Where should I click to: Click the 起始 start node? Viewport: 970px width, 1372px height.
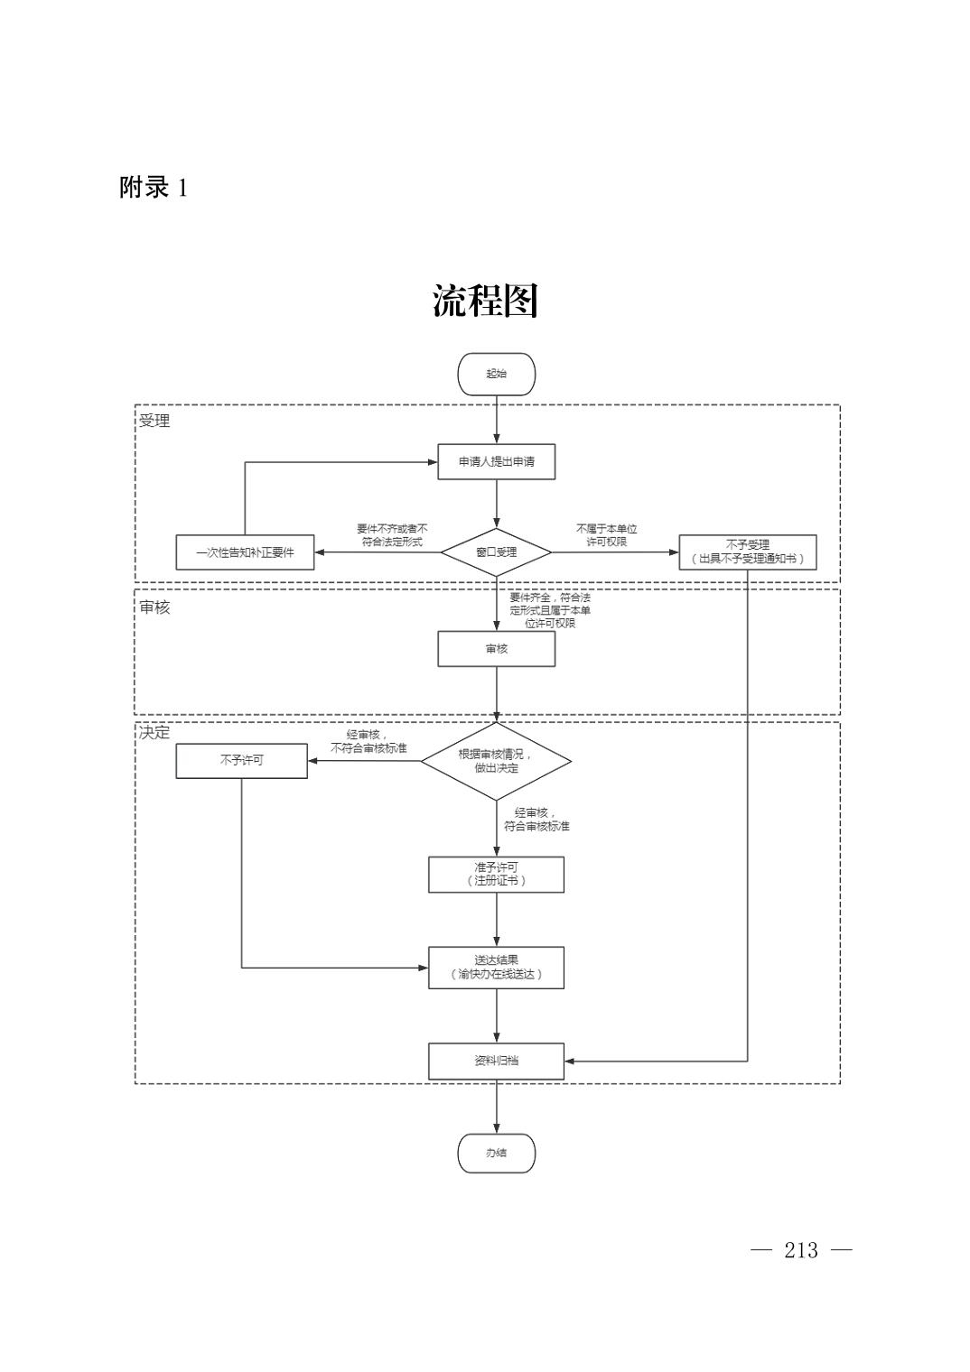tap(496, 374)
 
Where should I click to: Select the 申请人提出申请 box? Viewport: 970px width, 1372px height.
tap(496, 462)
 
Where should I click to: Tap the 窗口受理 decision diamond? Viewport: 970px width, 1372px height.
tap(496, 552)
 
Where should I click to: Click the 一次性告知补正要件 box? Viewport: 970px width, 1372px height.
tap(245, 552)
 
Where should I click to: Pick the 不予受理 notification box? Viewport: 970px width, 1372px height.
tap(747, 552)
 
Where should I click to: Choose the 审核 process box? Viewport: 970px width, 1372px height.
tap(496, 649)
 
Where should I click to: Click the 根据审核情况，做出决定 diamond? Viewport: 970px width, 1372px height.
tap(496, 761)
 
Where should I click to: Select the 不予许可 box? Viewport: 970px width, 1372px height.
tap(241, 760)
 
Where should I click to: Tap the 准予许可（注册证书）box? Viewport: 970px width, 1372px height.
tap(496, 874)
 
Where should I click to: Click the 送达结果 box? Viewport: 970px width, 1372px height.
tap(496, 968)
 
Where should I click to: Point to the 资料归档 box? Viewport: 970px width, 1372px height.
tap(496, 1061)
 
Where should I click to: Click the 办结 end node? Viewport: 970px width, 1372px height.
tap(496, 1153)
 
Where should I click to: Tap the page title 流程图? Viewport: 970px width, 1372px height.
tap(485, 301)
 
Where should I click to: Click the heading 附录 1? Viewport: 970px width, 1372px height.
tap(154, 188)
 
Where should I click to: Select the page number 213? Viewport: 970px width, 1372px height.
tap(801, 1250)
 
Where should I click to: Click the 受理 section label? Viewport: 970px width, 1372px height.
tap(154, 421)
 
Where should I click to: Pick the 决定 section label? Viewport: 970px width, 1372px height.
tap(154, 732)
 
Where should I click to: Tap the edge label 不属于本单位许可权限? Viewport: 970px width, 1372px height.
tap(607, 535)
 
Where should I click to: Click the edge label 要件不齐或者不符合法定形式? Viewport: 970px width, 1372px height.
tap(392, 535)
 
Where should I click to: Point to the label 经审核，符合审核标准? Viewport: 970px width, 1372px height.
tap(536, 820)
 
